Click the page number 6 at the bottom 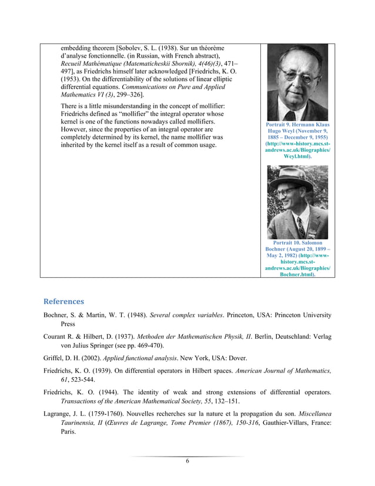(x=187, y=461)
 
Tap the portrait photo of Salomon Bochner (x=297, y=202)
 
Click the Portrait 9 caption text (x=297, y=141)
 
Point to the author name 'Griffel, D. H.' (x=65, y=358)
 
